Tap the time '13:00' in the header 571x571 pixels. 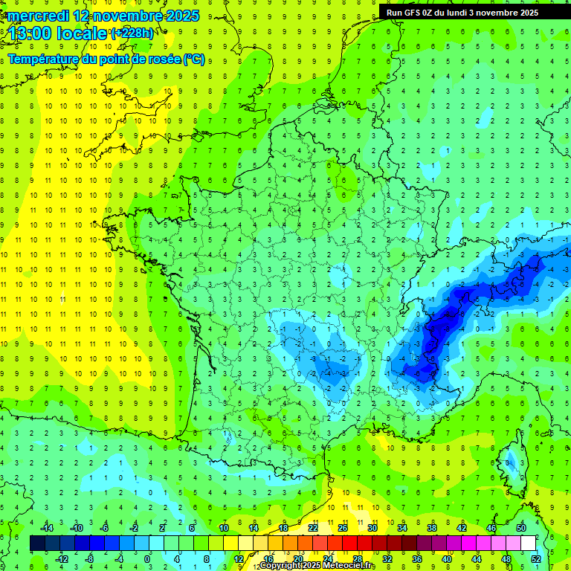30,33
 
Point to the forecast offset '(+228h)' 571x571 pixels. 133,33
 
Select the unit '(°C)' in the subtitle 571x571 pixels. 194,59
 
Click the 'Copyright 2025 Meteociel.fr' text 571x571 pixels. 317,566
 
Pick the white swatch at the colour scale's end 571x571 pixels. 529,543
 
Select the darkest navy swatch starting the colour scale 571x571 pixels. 37,543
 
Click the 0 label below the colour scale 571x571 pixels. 147,558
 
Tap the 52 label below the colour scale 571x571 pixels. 536,558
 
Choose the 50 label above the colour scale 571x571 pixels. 521,528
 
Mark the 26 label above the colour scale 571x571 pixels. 343,528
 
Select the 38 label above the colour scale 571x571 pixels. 432,528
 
